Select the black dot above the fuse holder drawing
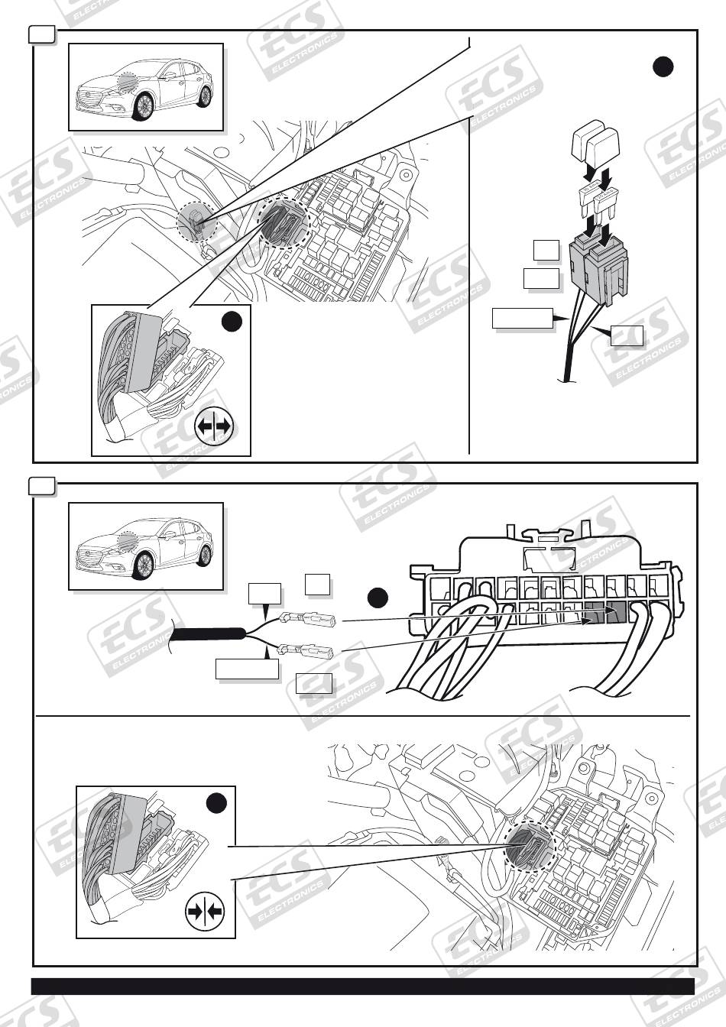click(663, 67)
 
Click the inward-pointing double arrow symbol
click(203, 911)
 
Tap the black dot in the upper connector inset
click(233, 322)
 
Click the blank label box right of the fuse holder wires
click(626, 335)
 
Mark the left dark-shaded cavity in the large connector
click(595, 614)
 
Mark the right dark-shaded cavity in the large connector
click(616, 613)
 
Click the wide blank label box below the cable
click(246, 669)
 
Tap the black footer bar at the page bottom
click(363, 986)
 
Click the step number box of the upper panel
click(41, 34)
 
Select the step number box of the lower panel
click(41, 486)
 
